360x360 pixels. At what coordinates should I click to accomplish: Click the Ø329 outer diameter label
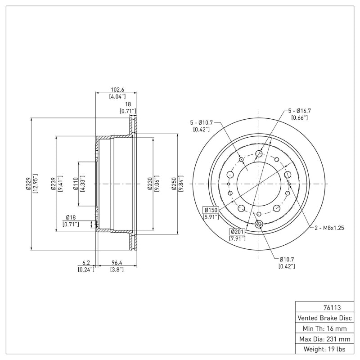coord(28,184)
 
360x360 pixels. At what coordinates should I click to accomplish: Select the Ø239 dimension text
coord(53,184)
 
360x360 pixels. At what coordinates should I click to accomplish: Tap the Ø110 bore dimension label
coord(76,184)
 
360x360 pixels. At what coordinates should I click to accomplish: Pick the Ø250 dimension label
coord(174,184)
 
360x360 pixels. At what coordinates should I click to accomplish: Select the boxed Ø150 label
coord(211,210)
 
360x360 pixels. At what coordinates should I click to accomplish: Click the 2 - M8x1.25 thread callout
coord(329,228)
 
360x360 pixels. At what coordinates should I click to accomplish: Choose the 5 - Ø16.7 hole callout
coord(300,110)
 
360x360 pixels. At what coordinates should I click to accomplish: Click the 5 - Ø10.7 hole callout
coord(201,122)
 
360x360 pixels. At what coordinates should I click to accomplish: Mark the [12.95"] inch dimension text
coord(36,184)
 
